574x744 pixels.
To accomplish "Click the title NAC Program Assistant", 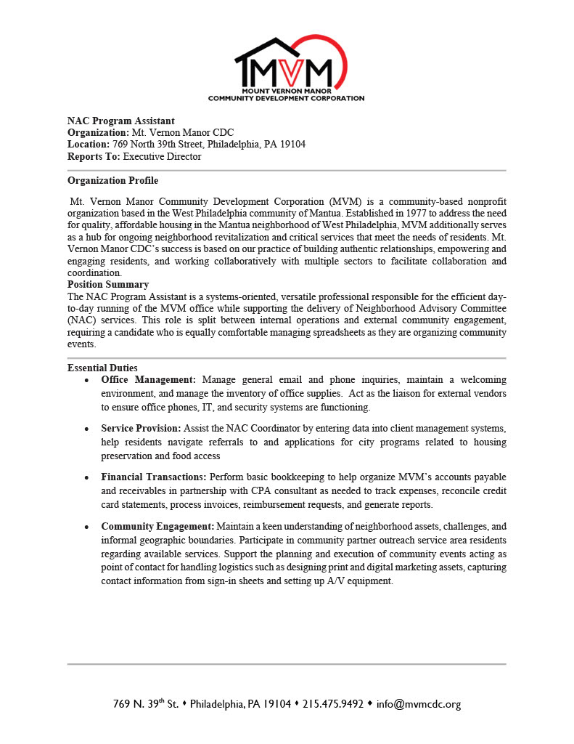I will (x=120, y=121).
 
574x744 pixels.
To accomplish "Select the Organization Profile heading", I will (x=112, y=181).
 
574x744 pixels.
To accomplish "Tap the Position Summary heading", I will (x=108, y=285).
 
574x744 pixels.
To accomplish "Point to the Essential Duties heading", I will (x=102, y=368).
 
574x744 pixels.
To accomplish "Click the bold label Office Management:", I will (x=149, y=380).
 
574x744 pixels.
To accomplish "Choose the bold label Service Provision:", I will (x=142, y=429).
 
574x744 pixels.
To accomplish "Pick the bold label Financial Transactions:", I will (x=154, y=477).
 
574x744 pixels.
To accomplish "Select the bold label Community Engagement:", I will (x=157, y=526).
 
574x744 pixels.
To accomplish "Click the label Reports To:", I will (x=94, y=156).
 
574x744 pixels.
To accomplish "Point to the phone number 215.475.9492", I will (x=332, y=704).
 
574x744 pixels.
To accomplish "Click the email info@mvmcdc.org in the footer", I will (x=419, y=704).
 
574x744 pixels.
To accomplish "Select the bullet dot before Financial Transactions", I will (x=87, y=478).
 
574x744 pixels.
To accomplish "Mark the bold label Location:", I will (x=88, y=144).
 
